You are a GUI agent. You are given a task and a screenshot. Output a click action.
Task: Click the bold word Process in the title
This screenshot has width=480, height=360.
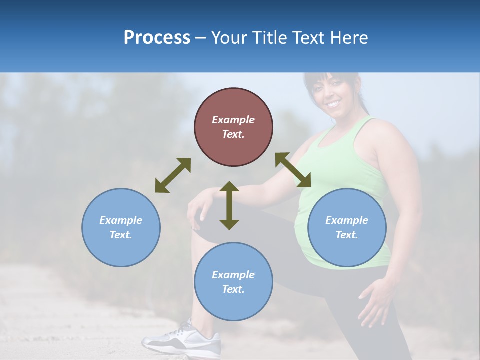(x=157, y=38)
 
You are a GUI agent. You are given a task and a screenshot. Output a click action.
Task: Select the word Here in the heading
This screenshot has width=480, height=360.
(x=348, y=38)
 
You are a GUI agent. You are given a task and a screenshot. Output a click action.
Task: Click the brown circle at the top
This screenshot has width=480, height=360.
(x=233, y=127)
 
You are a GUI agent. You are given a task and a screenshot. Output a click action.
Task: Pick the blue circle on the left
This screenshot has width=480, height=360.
(x=121, y=227)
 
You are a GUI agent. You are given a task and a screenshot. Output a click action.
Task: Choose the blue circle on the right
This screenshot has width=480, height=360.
(x=347, y=227)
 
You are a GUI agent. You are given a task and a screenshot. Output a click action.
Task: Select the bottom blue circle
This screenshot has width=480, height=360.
(x=233, y=282)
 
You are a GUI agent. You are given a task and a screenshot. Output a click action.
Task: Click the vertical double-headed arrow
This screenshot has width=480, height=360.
(x=229, y=205)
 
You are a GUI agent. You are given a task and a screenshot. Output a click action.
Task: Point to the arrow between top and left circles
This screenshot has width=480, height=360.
(x=173, y=175)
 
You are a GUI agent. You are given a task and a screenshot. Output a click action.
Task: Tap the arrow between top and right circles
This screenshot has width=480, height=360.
(x=293, y=170)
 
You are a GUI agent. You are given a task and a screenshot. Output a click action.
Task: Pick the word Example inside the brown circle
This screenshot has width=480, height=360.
(x=233, y=120)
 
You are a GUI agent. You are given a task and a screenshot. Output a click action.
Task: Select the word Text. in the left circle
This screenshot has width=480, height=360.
(x=121, y=235)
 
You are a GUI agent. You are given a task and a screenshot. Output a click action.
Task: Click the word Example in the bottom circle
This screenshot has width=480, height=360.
(x=233, y=275)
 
